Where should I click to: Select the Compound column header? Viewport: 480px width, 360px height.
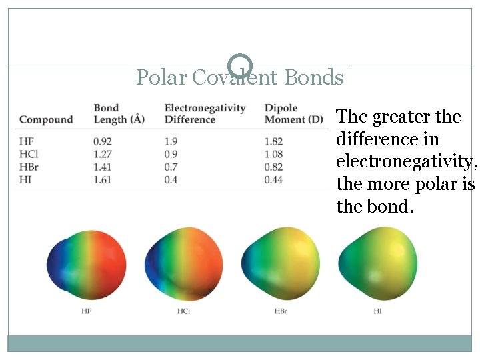tap(45, 120)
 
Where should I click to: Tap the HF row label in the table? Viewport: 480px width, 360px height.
tap(26, 141)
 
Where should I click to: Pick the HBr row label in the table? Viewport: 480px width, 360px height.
tap(29, 167)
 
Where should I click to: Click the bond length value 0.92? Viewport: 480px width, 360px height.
tap(103, 141)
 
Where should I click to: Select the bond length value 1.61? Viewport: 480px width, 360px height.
tap(103, 179)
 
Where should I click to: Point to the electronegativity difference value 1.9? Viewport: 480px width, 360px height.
tap(171, 141)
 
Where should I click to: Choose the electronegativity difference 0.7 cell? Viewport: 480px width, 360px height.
tap(171, 167)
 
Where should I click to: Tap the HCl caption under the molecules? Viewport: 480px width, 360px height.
tap(183, 311)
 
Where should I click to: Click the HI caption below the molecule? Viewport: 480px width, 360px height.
tap(378, 311)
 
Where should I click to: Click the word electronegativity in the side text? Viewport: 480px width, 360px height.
tap(406, 162)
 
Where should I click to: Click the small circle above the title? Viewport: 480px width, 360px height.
tap(240, 65)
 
